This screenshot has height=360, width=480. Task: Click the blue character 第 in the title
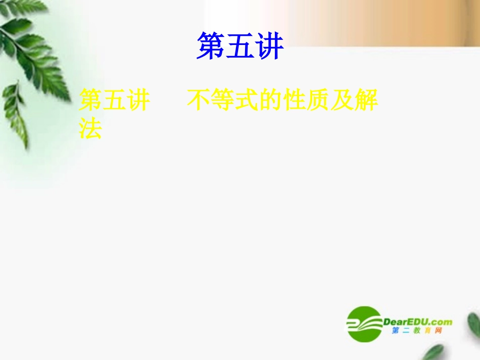(211, 46)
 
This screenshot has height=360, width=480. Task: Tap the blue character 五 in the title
(240, 46)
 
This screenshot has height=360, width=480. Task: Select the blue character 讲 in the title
(269, 46)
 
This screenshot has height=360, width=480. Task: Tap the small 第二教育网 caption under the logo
(417, 331)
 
